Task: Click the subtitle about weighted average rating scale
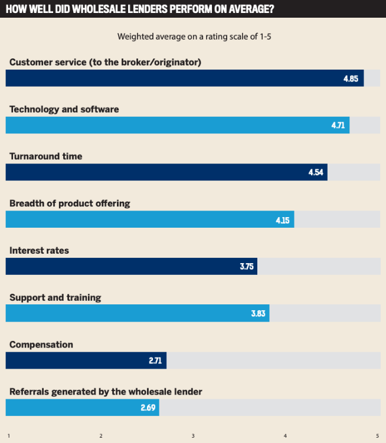tap(194, 37)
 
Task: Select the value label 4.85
tap(351, 78)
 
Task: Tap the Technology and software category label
tap(64, 109)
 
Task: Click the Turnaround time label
tap(46, 156)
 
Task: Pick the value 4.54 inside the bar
tap(316, 172)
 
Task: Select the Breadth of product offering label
tap(70, 204)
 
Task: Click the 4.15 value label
tap(283, 219)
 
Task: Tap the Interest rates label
tap(39, 251)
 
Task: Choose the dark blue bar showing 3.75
tap(131, 267)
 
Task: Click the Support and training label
tap(55, 298)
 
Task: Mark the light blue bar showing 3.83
tap(137, 314)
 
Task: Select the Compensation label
tap(41, 344)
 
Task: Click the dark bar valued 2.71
tap(86, 360)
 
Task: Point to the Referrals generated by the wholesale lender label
tap(106, 392)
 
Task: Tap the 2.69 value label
tap(148, 408)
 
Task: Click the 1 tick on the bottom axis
tap(8, 436)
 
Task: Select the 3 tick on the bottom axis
tap(193, 436)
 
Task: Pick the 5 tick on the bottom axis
tap(377, 436)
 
